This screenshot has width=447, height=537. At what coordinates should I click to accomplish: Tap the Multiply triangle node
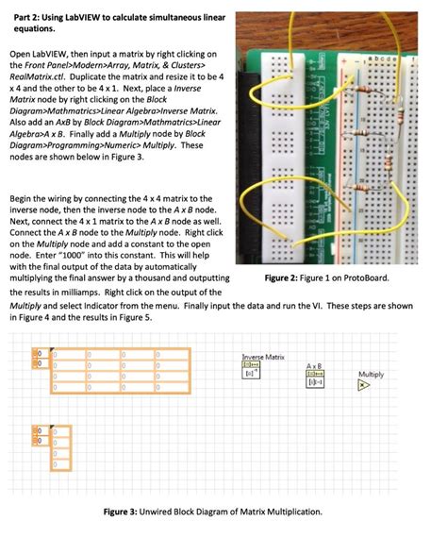pyautogui.click(x=368, y=387)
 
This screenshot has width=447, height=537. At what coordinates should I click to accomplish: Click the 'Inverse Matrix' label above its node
pyautogui.click(x=263, y=356)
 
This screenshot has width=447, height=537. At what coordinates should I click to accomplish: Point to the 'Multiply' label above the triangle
pyautogui.click(x=371, y=375)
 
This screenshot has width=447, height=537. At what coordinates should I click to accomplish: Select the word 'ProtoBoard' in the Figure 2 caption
pyautogui.click(x=361, y=278)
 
